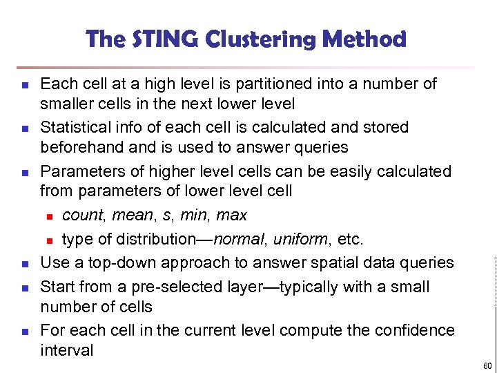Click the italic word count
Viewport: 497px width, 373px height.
[x=82, y=216]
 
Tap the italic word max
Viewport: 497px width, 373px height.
[x=231, y=216]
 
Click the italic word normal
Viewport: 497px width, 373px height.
[x=239, y=240]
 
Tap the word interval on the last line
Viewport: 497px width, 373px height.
[x=67, y=350]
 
